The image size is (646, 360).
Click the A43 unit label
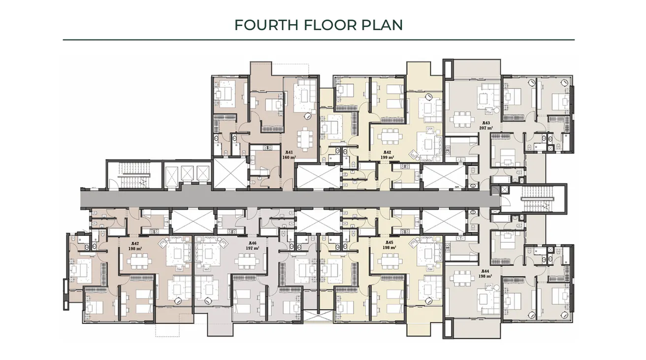(486, 123)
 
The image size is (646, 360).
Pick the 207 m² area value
(486, 128)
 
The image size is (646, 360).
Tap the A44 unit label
(485, 271)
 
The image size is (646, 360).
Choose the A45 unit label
(389, 242)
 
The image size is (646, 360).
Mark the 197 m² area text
(252, 248)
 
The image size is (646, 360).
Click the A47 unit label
(135, 243)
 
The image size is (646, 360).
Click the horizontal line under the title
(319, 39)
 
